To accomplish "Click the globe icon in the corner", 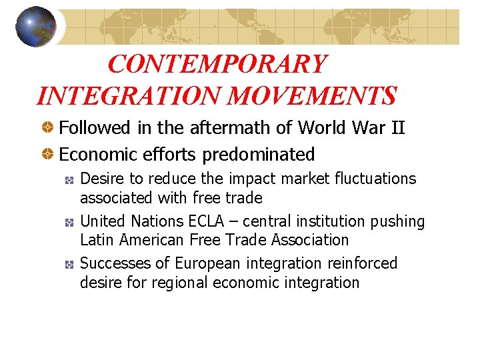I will pyautogui.click(x=36, y=26).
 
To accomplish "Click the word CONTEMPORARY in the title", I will pyautogui.click(x=217, y=65).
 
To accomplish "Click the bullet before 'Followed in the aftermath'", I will pyautogui.click(x=49, y=127).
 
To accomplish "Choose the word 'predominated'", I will pyautogui.click(x=259, y=155).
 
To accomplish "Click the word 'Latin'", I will pyautogui.click(x=95, y=239).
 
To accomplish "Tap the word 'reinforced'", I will pyautogui.click(x=363, y=263).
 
